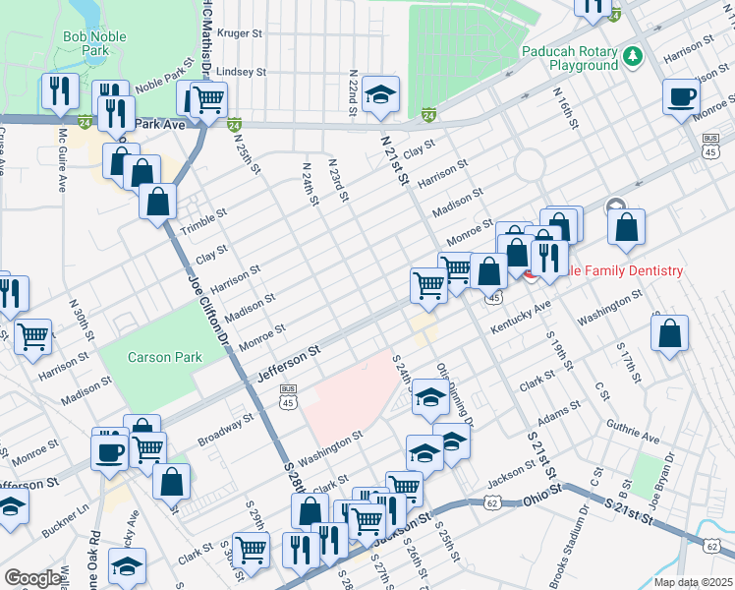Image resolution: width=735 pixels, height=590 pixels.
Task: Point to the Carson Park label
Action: [164, 358]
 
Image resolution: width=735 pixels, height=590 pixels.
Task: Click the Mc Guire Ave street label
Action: [62, 159]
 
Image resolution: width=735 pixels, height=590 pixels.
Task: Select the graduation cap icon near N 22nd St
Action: [380, 94]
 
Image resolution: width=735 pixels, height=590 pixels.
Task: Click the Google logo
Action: [32, 577]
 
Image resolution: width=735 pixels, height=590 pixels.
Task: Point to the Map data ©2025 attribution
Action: [693, 582]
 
